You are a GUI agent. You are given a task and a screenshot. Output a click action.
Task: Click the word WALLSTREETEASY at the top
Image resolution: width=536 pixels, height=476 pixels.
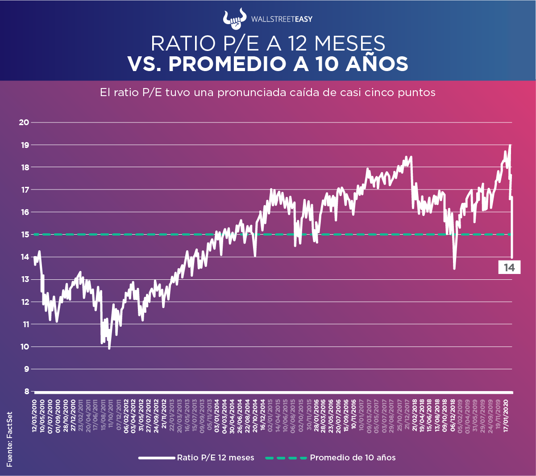[282, 19]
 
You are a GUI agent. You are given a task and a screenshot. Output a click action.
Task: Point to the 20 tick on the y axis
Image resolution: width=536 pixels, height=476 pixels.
[24, 122]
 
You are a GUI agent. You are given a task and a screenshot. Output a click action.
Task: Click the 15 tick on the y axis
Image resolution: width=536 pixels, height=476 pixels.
[24, 235]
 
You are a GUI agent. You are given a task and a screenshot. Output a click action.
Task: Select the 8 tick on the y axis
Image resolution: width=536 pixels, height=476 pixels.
[26, 392]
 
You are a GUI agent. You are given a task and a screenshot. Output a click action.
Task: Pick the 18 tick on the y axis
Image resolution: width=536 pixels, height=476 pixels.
[24, 167]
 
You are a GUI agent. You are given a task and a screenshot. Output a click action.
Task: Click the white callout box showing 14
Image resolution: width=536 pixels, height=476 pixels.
[509, 268]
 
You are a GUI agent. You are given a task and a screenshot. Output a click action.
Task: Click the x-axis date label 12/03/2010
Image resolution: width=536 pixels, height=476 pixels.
[34, 415]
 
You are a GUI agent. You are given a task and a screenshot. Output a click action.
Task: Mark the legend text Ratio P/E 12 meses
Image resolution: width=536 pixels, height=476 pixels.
[216, 458]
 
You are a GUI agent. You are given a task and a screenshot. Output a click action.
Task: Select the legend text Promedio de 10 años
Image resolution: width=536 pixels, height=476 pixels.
[353, 458]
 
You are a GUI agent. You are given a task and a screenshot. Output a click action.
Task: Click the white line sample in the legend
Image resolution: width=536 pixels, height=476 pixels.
[156, 458]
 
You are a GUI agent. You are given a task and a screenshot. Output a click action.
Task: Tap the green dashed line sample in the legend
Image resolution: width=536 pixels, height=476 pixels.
[286, 458]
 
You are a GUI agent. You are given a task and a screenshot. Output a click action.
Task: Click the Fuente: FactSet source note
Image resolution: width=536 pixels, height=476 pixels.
[9, 439]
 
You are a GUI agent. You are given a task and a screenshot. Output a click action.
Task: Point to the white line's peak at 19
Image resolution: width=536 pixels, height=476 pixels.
[510, 145]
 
